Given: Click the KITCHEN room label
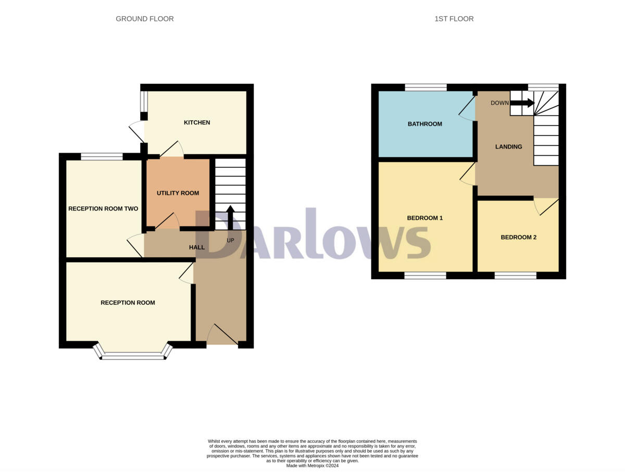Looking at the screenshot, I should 197,122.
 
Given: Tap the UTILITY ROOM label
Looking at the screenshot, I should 178,193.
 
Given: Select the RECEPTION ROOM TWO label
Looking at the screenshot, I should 103,209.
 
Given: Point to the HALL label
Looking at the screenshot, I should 196,247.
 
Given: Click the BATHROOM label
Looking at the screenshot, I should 424,124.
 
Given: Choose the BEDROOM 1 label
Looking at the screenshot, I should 424,218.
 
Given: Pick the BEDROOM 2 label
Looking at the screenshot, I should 518,237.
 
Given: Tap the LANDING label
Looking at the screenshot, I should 508,146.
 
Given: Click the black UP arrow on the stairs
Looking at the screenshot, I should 230,217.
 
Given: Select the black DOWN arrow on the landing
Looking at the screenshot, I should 522,103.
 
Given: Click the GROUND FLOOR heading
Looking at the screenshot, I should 145,19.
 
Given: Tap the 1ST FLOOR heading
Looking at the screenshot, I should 454,19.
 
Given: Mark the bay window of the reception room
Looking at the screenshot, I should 133,355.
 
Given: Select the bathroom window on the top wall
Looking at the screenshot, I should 426,87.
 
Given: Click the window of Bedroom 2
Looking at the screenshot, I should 515,275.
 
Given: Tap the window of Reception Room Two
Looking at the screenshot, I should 102,156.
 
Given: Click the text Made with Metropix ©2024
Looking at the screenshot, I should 312,466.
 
